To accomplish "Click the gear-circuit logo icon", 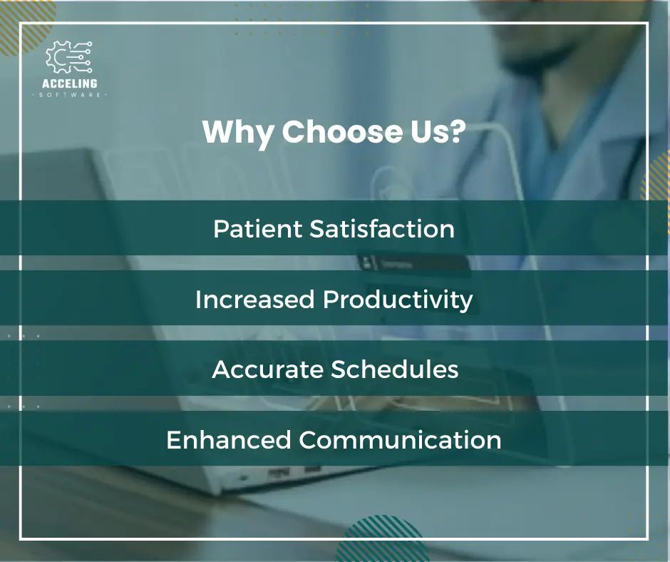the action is pyautogui.click(x=68, y=57).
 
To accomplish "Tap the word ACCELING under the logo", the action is pyautogui.click(x=70, y=83).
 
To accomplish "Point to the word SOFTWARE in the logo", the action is pyautogui.click(x=70, y=95).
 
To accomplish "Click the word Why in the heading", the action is pyautogui.click(x=237, y=133).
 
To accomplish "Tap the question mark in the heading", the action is pyautogui.click(x=457, y=131).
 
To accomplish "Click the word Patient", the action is pyautogui.click(x=257, y=228).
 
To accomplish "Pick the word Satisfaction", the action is pyautogui.click(x=381, y=228).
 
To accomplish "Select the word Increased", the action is pyautogui.click(x=255, y=299).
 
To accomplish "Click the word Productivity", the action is pyautogui.click(x=398, y=300).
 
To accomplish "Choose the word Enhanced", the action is pyautogui.click(x=229, y=439).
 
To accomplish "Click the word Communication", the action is pyautogui.click(x=400, y=439).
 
